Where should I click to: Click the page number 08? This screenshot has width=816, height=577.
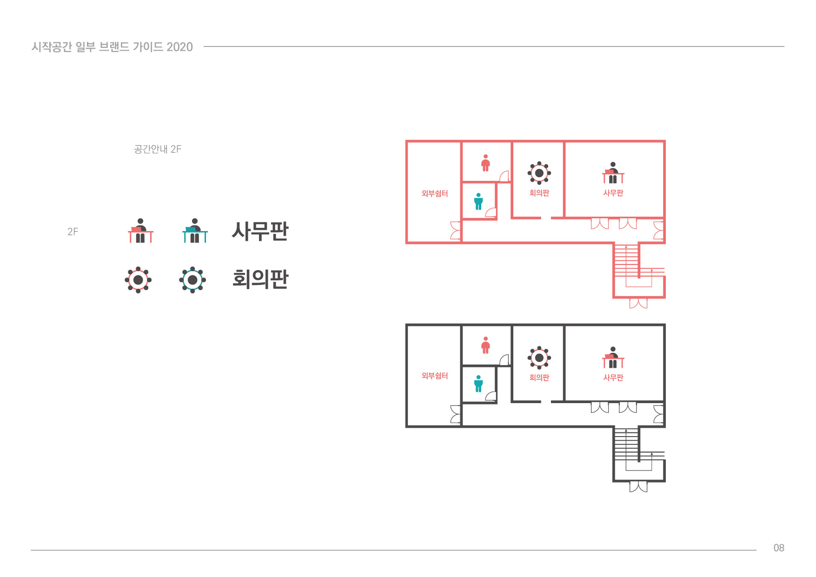[x=778, y=548]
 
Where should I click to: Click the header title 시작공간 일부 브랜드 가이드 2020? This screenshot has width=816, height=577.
[x=112, y=47]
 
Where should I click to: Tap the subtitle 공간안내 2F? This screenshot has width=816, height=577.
[x=158, y=149]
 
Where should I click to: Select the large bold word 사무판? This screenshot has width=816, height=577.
[x=260, y=231]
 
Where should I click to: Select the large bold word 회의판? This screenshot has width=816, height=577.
[x=260, y=279]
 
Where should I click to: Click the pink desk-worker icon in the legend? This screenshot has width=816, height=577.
[x=140, y=231]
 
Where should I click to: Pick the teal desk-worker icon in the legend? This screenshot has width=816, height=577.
[x=195, y=231]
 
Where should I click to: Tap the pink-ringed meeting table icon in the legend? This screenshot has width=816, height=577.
[x=138, y=280]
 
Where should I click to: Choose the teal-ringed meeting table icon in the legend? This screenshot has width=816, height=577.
[x=192, y=280]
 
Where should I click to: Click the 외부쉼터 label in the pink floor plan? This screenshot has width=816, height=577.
[x=435, y=193]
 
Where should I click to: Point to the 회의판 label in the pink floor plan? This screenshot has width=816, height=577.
[x=539, y=193]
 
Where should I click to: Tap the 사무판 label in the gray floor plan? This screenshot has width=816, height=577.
[x=613, y=378]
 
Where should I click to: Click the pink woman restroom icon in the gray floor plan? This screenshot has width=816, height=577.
[x=485, y=345]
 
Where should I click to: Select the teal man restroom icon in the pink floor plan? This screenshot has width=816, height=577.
[x=478, y=201]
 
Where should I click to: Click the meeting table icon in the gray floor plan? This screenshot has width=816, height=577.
[x=539, y=358]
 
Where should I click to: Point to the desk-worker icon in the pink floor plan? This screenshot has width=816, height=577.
[x=613, y=173]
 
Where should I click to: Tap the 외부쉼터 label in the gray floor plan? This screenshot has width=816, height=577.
[x=435, y=376]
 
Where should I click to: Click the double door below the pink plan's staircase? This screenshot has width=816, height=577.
[x=638, y=303]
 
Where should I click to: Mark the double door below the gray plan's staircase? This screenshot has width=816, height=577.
[x=638, y=487]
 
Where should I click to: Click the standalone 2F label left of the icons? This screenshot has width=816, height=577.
[x=73, y=232]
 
